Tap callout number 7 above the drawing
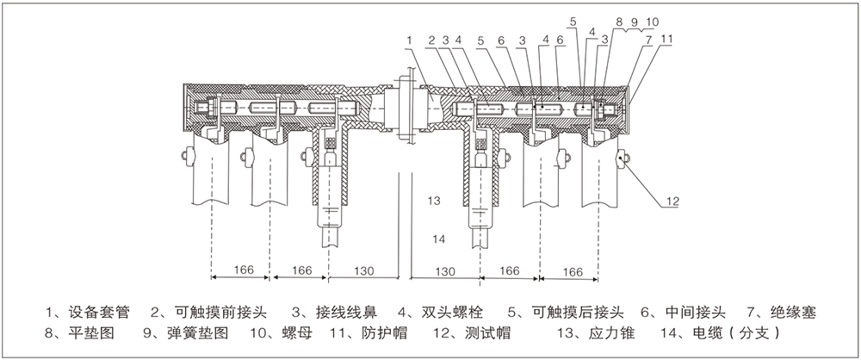647,39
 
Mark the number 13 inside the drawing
435,200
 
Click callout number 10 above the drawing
652,20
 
